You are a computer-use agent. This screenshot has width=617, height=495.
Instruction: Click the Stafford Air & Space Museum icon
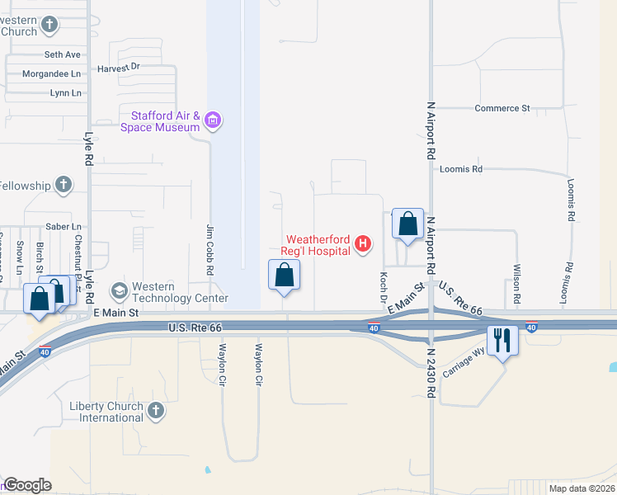(x=214, y=121)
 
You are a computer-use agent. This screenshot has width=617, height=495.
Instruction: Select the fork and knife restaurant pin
(x=503, y=339)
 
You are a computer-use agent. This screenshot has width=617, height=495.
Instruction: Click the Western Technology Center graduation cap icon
(x=120, y=291)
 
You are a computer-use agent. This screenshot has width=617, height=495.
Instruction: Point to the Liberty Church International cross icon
(x=156, y=411)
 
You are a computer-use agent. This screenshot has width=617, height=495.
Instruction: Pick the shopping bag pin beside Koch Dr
(x=407, y=224)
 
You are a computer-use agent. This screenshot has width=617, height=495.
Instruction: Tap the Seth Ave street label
(x=63, y=54)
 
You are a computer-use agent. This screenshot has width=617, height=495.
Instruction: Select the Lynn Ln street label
(x=65, y=93)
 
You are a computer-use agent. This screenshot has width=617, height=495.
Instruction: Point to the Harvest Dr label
(x=119, y=68)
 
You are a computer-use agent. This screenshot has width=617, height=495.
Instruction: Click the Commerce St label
(x=502, y=108)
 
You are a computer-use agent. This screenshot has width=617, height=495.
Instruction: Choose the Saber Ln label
(x=64, y=226)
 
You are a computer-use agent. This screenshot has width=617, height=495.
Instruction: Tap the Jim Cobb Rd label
(x=210, y=247)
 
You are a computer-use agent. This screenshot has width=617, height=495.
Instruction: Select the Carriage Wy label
(x=464, y=364)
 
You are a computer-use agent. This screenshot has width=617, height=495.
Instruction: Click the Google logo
(x=27, y=485)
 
